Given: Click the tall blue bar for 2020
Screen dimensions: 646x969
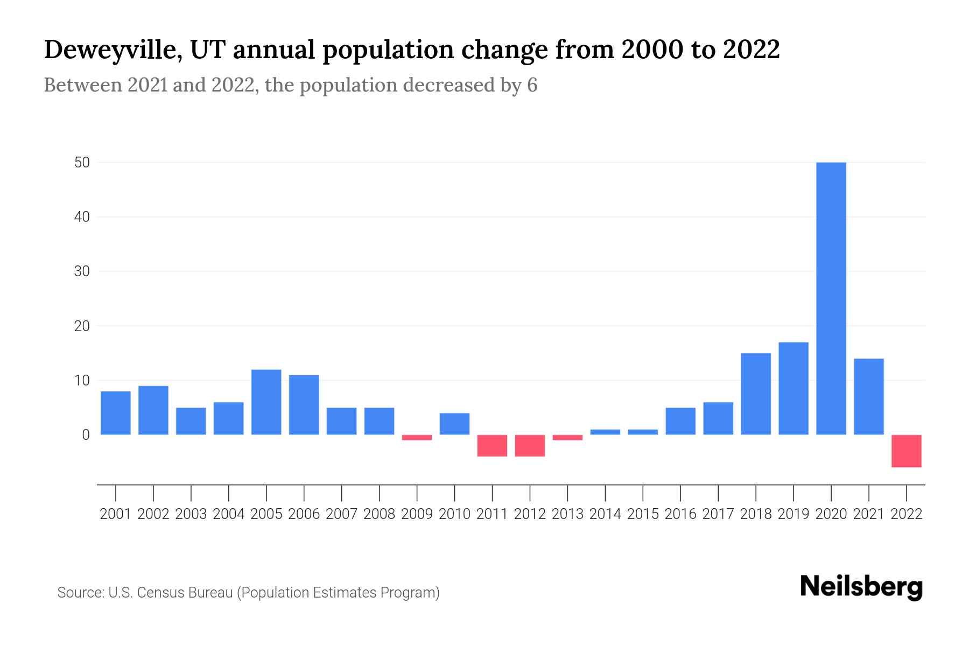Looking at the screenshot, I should click(x=831, y=298).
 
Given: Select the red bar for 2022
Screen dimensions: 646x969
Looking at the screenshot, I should click(x=906, y=451).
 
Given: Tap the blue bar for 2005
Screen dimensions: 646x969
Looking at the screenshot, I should click(x=266, y=402).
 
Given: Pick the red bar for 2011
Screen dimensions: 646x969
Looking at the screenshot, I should click(x=492, y=446).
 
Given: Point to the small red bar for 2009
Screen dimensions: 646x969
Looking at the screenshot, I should click(x=417, y=438).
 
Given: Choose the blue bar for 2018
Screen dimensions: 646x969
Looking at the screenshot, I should click(x=756, y=394).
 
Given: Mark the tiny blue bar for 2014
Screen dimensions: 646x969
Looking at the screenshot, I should click(x=605, y=432).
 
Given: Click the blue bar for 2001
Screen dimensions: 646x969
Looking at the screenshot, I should click(x=115, y=413).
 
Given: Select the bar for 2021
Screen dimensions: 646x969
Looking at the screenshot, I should click(x=868, y=397).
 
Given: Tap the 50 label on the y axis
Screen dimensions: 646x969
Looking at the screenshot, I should click(x=82, y=162).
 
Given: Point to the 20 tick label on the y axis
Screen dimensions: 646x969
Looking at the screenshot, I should click(x=82, y=326).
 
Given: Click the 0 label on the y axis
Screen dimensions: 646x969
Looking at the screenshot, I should click(x=86, y=435).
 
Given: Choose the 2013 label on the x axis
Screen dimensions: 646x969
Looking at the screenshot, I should click(x=567, y=514).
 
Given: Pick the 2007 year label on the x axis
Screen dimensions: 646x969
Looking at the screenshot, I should click(x=341, y=514).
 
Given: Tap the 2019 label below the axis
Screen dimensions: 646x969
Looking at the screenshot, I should click(x=793, y=514).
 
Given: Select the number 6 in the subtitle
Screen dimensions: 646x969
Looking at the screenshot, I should click(x=532, y=85).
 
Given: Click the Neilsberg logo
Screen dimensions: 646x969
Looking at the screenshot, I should click(x=861, y=587).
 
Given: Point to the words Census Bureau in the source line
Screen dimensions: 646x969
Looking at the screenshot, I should click(x=185, y=593).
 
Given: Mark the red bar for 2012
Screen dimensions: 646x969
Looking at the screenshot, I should click(x=530, y=446).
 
